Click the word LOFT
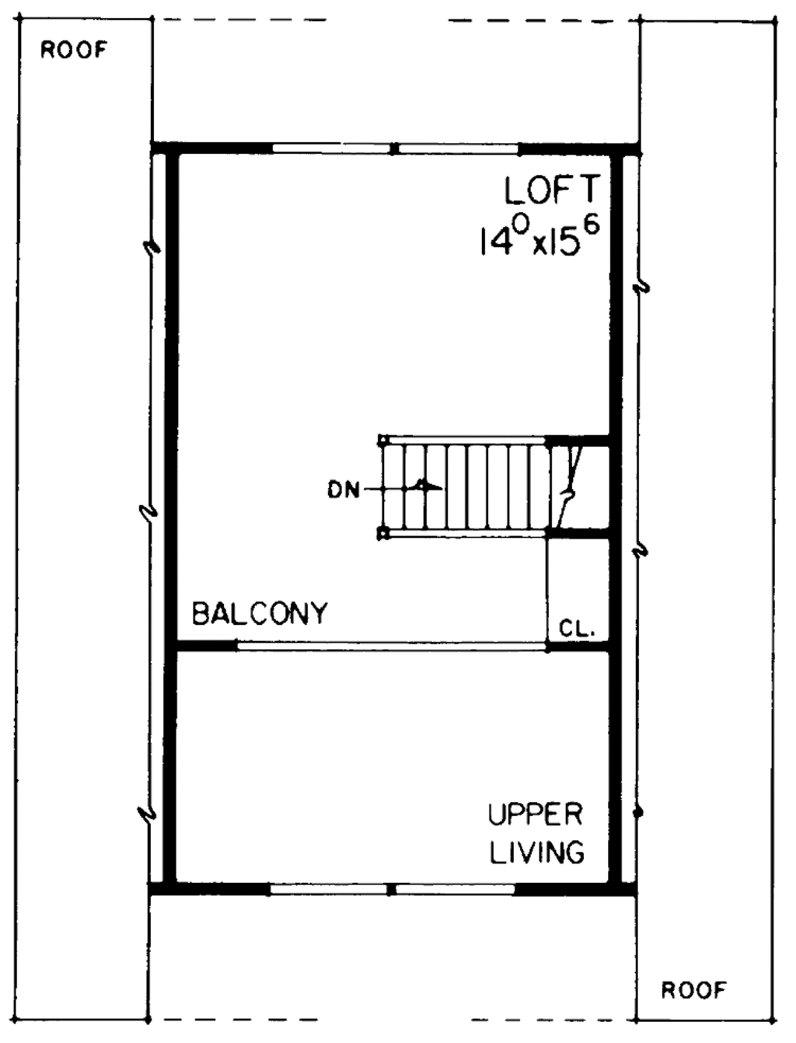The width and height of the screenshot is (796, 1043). coord(553,190)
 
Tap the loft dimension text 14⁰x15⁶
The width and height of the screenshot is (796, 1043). coord(539,237)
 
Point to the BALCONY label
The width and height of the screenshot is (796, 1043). coord(260,614)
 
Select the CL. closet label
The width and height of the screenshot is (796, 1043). coord(577,628)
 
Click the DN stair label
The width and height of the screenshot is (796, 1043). coord(343,490)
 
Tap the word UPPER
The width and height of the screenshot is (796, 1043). coord(536,815)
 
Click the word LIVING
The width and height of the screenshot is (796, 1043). coord(537,853)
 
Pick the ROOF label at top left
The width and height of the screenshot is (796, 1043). coord(74,51)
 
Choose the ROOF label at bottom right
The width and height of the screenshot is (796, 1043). coord(693,990)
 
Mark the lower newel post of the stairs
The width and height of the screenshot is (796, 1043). coord(382,533)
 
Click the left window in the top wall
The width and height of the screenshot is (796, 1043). coord(330,147)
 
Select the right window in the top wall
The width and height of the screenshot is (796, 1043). coord(459,147)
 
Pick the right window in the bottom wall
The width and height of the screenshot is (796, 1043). coord(456,888)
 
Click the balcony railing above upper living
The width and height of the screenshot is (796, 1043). coord(392,646)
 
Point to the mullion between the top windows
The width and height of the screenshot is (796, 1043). coord(395,147)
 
